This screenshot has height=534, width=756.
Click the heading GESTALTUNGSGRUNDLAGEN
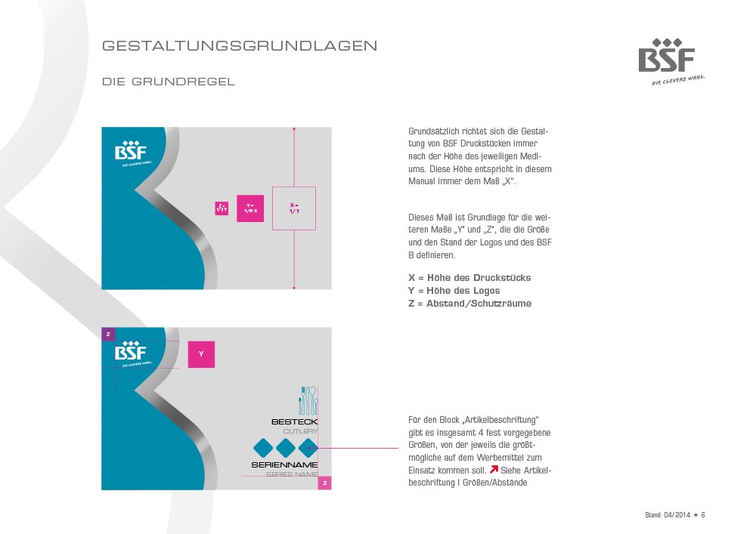tap(240, 46)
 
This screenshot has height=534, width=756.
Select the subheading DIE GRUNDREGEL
tap(169, 82)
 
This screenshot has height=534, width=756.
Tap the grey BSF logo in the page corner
tap(666, 58)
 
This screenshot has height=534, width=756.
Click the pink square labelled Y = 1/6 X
tap(250, 208)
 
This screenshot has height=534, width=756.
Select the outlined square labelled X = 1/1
tap(294, 208)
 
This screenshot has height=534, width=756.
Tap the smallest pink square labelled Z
tap(222, 208)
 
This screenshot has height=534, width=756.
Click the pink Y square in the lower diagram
tap(201, 354)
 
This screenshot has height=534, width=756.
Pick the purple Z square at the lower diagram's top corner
tap(108, 334)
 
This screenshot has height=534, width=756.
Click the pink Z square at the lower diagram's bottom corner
tap(324, 483)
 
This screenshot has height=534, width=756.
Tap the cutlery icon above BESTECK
tap(308, 400)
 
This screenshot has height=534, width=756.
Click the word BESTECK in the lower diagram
tap(294, 421)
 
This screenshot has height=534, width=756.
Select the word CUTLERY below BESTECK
tap(299, 431)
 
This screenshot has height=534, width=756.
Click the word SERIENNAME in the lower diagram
tap(284, 465)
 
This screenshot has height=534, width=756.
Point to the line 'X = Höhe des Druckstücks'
tap(469, 278)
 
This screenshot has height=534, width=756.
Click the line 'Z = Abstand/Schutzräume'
tap(469, 304)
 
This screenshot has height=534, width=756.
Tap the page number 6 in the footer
tap(703, 515)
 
